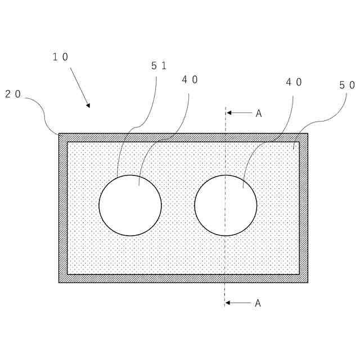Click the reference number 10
[x=61, y=57]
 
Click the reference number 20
[x=13, y=94]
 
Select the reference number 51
[x=159, y=66]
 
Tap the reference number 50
[x=347, y=85]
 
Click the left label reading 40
[x=190, y=80]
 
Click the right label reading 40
[x=294, y=82]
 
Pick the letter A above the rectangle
[x=259, y=114]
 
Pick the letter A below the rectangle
[x=258, y=303]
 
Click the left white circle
[x=130, y=205]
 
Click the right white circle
[x=226, y=205]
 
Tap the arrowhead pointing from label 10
[x=88, y=105]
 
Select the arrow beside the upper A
[x=239, y=113]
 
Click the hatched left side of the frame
[x=63, y=208]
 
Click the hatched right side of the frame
[x=304, y=208]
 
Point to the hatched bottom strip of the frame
[x=183, y=278]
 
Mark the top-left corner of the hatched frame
[x=60, y=134]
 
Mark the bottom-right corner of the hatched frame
[x=307, y=281]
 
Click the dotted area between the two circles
[x=178, y=205]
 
